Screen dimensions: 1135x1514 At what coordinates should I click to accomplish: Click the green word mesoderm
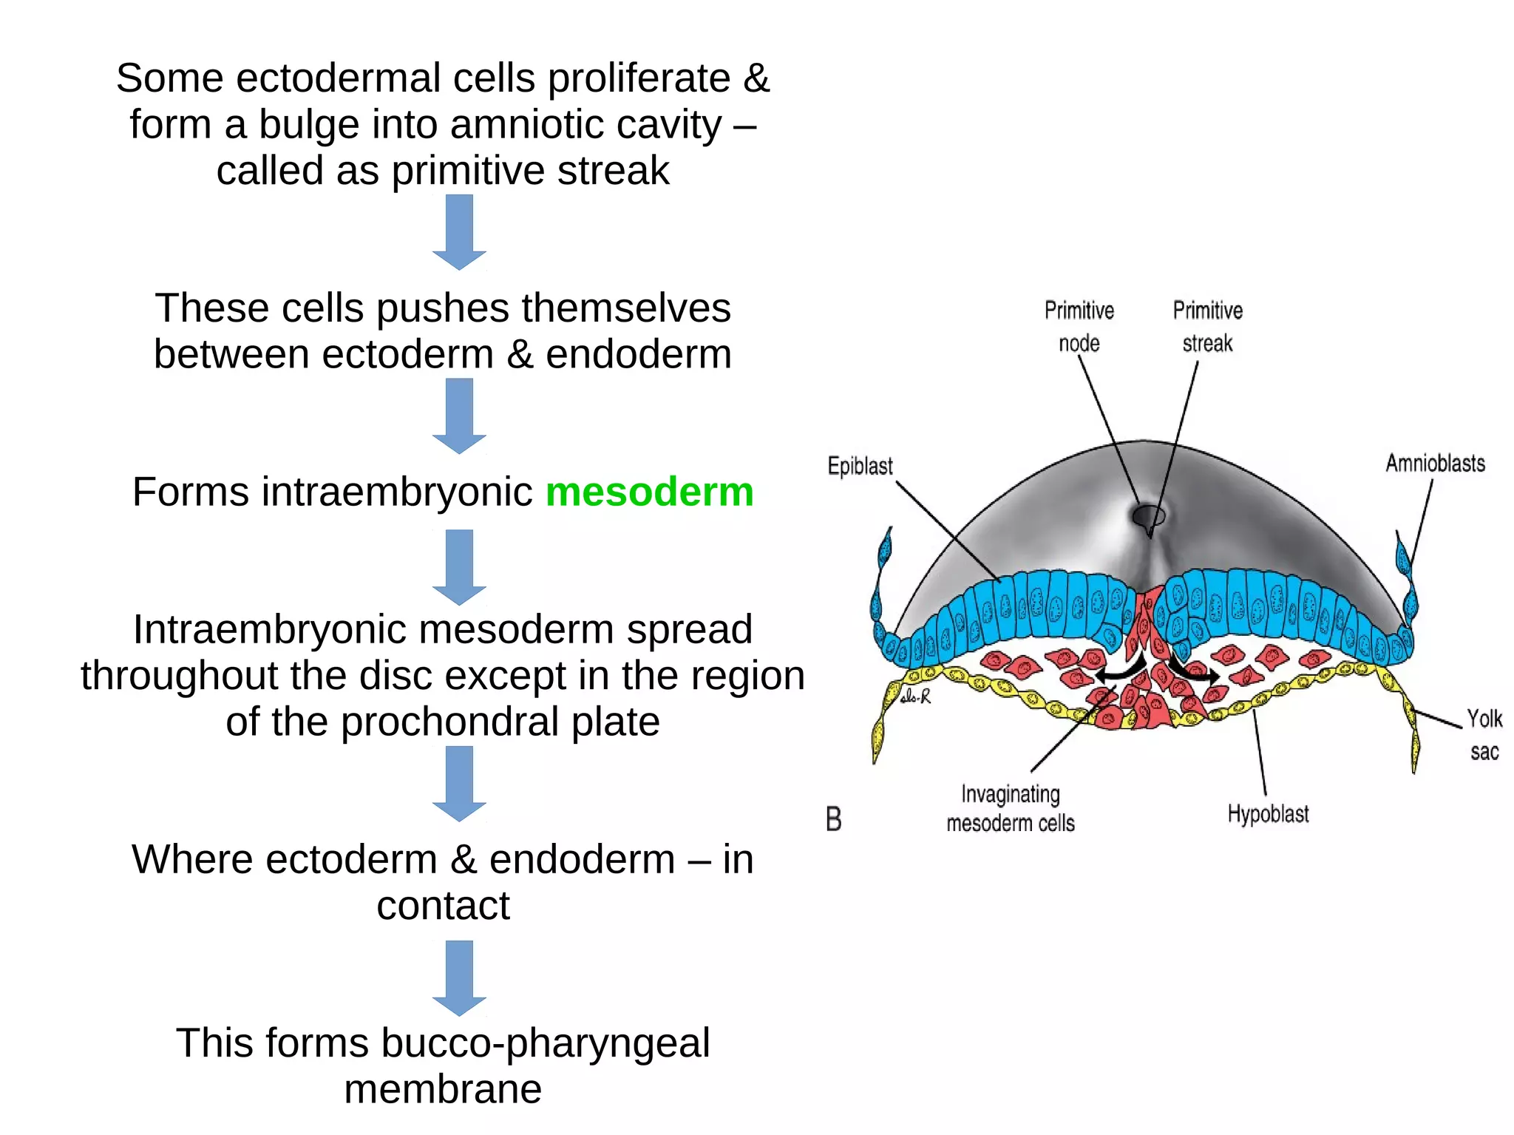[x=649, y=492]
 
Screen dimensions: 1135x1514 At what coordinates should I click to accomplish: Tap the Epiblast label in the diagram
[x=860, y=466]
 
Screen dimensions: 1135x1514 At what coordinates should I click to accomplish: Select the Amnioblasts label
[x=1435, y=464]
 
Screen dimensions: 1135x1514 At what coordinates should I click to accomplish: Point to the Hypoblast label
[x=1268, y=814]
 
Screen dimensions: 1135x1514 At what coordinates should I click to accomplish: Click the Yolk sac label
[x=1484, y=734]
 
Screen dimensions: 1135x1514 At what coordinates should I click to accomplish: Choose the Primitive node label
[x=1079, y=326]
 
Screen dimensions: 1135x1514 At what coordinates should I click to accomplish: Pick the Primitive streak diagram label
[x=1207, y=326]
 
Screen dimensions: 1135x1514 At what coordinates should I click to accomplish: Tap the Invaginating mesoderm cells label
[x=1010, y=808]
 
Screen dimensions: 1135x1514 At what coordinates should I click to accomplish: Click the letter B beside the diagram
[x=833, y=819]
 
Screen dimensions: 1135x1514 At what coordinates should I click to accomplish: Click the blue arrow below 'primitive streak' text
[x=459, y=231]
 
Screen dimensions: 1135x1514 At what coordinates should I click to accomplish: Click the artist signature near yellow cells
[x=915, y=697]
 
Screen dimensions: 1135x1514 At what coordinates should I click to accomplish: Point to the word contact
[x=443, y=906]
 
